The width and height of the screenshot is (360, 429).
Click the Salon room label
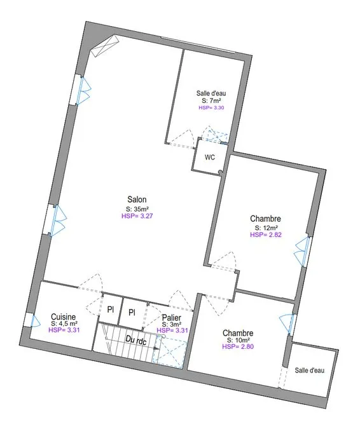point(137,199)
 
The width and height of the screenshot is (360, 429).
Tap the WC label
point(210,158)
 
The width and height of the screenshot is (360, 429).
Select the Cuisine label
point(63,317)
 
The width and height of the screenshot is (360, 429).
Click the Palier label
point(172,318)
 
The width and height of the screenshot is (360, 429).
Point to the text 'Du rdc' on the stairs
point(136,340)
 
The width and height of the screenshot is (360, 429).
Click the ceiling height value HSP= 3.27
point(137,216)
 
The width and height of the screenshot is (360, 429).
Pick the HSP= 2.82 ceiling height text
point(266,235)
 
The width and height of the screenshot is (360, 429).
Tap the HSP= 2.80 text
point(238,346)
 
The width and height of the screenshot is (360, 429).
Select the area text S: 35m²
point(137,209)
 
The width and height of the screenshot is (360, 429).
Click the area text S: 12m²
point(267,228)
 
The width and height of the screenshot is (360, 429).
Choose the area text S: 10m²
point(238,340)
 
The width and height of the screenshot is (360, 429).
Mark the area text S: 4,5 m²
point(64,323)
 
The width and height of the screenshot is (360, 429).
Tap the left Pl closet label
point(110,310)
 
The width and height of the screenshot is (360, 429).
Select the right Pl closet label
point(132,313)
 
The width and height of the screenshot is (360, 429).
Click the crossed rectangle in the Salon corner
point(105,46)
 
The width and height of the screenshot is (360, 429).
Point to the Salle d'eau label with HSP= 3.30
point(211,93)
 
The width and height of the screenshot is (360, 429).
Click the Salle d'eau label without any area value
point(310,371)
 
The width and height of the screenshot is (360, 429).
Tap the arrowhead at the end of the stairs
point(156,348)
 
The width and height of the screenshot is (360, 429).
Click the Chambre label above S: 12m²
point(266,219)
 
